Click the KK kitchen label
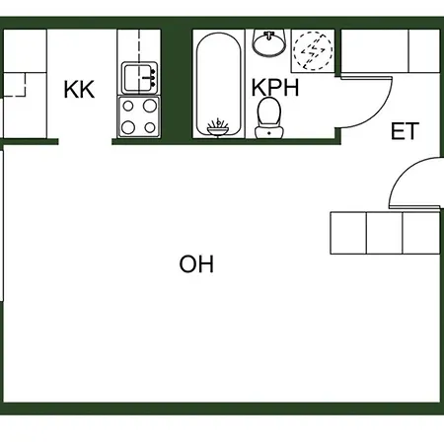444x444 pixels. (x=79, y=89)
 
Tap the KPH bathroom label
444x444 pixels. (x=275, y=88)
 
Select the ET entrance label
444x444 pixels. (x=405, y=131)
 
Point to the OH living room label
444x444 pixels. (x=196, y=263)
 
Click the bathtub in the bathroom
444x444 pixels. (x=219, y=84)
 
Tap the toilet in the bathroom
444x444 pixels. (x=269, y=118)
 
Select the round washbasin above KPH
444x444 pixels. (x=269, y=42)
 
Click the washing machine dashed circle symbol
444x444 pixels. (x=313, y=50)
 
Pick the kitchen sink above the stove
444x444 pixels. (x=139, y=78)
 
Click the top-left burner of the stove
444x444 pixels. (x=128, y=107)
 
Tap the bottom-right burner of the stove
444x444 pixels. (x=150, y=127)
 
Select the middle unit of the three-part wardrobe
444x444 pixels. (x=384, y=233)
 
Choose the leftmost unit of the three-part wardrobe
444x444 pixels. (x=348, y=233)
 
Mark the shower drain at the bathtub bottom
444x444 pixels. (x=218, y=127)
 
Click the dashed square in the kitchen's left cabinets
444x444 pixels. (x=14, y=85)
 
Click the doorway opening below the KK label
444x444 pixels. (x=85, y=142)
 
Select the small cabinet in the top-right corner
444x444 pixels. (x=424, y=50)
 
